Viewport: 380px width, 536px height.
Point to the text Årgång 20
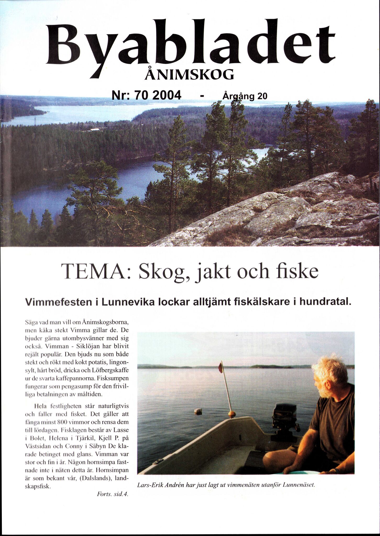pyautogui.click(x=245, y=97)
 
